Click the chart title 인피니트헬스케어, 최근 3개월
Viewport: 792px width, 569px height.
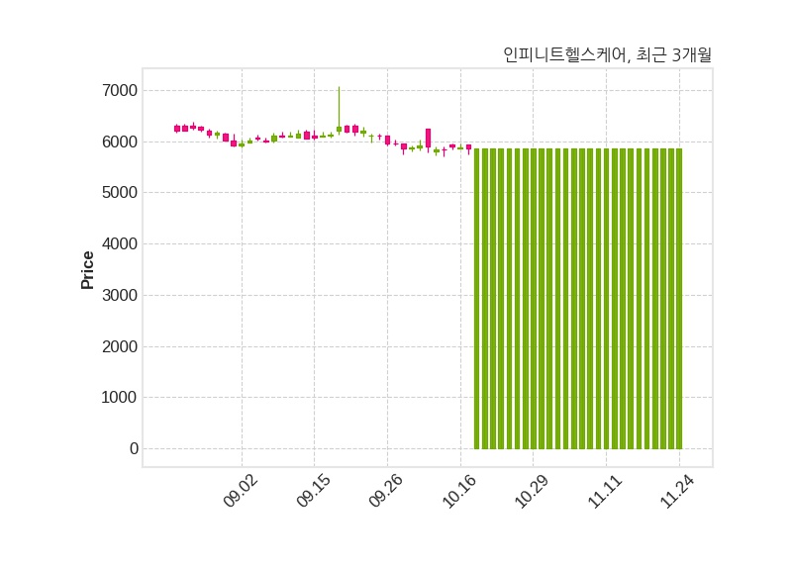[607, 55]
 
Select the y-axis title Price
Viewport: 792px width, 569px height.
[88, 269]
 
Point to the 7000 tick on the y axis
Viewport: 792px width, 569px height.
[120, 91]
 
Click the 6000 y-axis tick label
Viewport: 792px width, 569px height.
[120, 142]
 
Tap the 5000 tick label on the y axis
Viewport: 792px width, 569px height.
[120, 193]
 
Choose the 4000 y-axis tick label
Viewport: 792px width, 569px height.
[120, 244]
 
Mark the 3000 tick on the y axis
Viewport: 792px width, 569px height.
[120, 296]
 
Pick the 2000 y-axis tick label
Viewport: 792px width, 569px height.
[120, 347]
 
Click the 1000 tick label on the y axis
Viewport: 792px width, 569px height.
[120, 398]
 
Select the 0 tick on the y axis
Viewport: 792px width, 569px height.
[133, 449]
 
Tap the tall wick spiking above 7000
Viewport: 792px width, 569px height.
[339, 104]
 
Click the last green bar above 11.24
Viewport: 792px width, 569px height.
[679, 297]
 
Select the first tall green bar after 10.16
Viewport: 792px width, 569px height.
[477, 297]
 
